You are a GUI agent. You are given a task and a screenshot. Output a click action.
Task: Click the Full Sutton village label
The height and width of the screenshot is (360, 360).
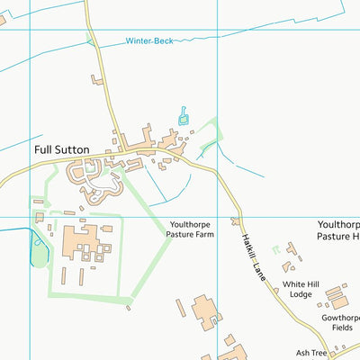pyautogui.click(x=62, y=149)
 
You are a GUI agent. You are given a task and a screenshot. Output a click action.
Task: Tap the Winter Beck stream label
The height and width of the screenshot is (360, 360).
pyautogui.click(x=149, y=41)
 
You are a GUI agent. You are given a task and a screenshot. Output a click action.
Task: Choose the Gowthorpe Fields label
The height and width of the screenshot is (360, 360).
pyautogui.click(x=337, y=324)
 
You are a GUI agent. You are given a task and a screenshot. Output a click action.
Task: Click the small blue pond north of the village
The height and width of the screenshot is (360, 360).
pyautogui.click(x=184, y=115)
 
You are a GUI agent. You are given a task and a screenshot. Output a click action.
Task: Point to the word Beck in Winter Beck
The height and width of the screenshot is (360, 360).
pyautogui.click(x=163, y=41)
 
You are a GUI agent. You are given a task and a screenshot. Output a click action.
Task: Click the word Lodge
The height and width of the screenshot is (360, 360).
pyautogui.click(x=301, y=294)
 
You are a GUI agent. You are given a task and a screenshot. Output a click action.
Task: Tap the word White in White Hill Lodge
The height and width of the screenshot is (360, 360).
pyautogui.click(x=294, y=283)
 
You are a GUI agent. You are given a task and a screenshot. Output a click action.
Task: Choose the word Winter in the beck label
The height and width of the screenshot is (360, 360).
pyautogui.click(x=139, y=41)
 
